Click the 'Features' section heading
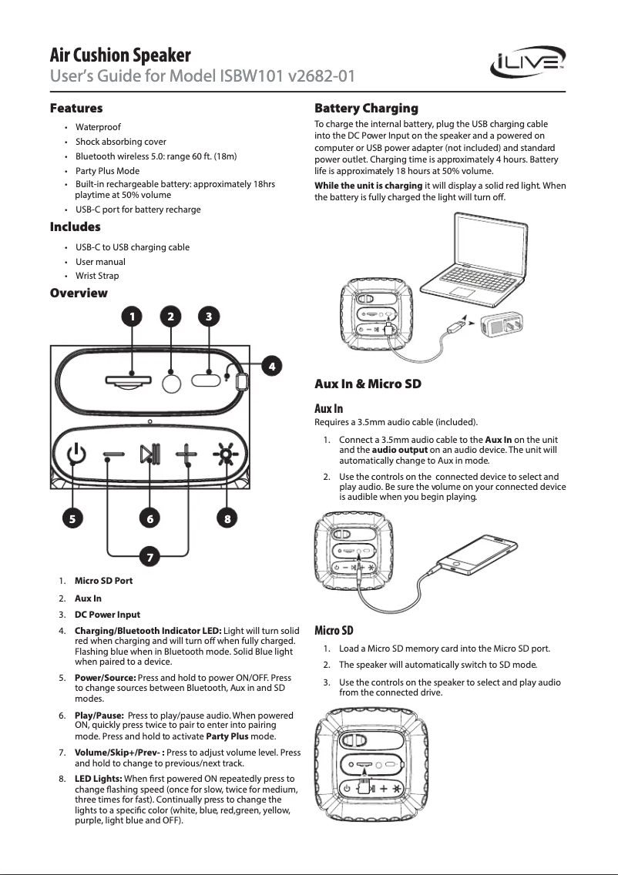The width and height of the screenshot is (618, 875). click(76, 108)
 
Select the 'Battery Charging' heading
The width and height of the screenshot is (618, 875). click(366, 108)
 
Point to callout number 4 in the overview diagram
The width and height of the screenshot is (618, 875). click(269, 365)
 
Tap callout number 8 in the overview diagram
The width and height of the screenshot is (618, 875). click(227, 518)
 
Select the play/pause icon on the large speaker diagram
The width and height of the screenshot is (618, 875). click(149, 455)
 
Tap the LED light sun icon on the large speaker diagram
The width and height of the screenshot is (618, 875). click(226, 455)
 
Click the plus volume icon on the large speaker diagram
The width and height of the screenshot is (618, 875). click(187, 455)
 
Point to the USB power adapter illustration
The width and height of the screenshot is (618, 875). click(502, 326)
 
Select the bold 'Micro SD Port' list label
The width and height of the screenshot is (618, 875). click(103, 581)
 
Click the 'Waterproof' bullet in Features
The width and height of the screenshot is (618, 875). click(98, 127)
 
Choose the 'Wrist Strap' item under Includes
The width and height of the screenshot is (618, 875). click(97, 276)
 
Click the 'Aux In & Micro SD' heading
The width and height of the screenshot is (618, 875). click(368, 384)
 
